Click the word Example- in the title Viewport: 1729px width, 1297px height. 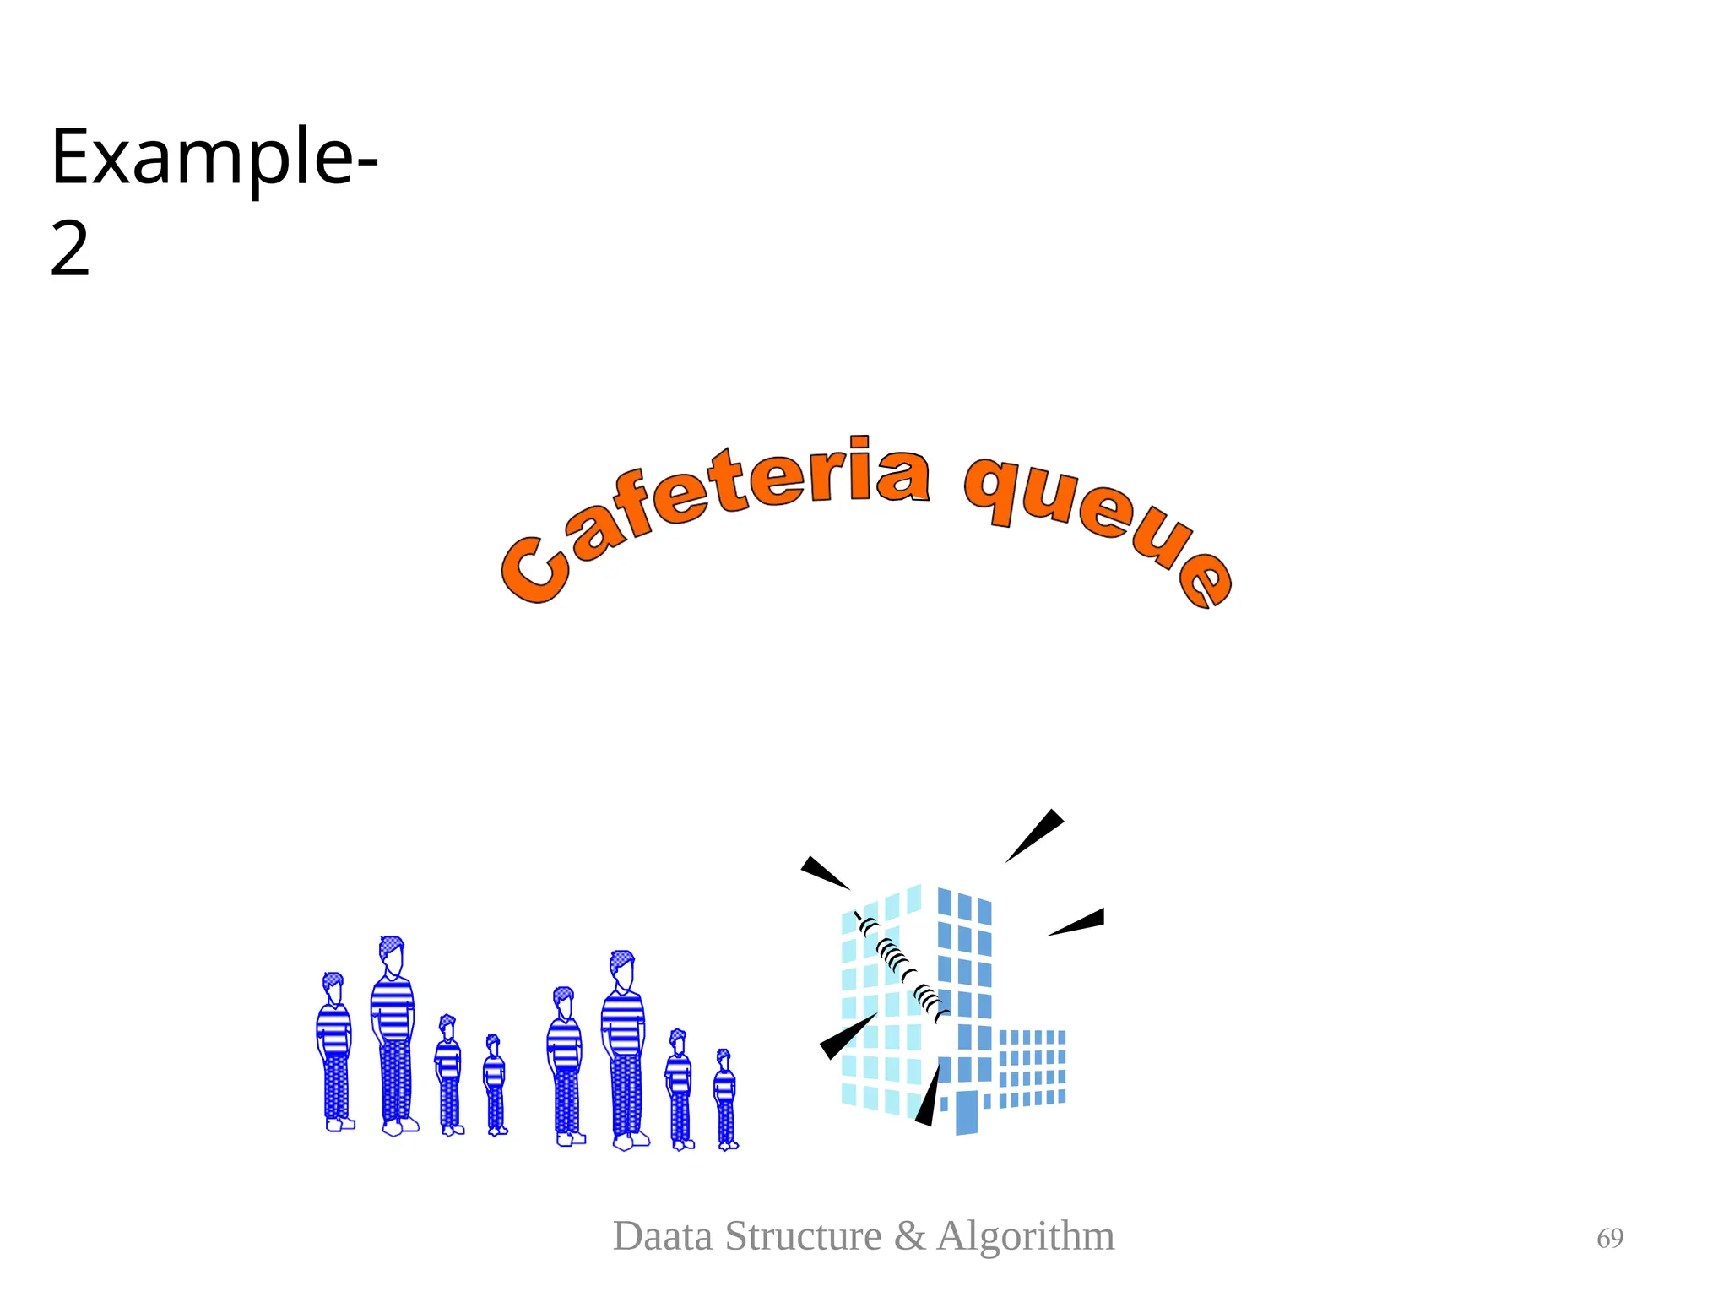[x=214, y=159]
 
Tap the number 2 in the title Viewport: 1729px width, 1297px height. [x=70, y=249]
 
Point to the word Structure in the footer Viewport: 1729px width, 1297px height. [x=804, y=1236]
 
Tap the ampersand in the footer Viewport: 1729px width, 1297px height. [x=910, y=1236]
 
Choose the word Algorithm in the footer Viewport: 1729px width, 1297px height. [x=1026, y=1236]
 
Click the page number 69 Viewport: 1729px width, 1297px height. [x=1610, y=1239]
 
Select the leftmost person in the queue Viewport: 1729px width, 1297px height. [x=335, y=1051]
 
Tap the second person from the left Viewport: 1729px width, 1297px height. [x=393, y=1034]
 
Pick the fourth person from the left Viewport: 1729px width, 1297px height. [x=495, y=1085]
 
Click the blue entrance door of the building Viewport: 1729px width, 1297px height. [x=967, y=1112]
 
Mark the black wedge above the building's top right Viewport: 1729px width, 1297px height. [x=1037, y=833]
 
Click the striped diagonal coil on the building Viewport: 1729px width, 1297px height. [x=902, y=967]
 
